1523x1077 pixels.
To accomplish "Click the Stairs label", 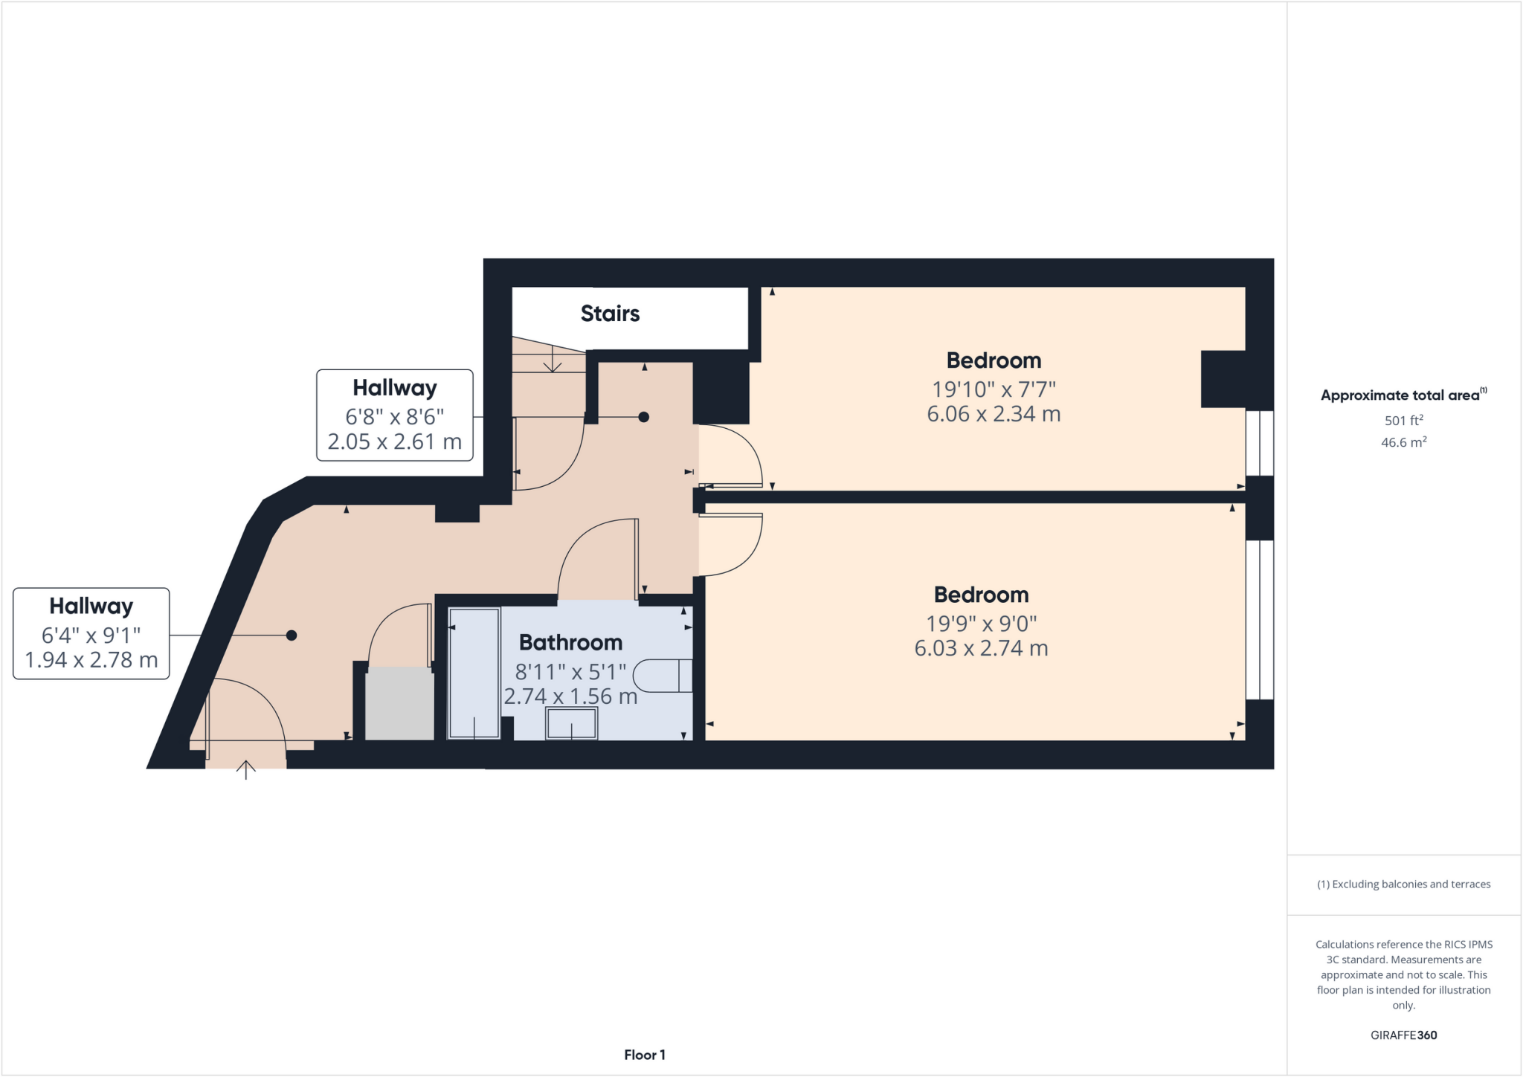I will click(x=610, y=314).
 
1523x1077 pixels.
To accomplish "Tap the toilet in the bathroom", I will click(x=661, y=676).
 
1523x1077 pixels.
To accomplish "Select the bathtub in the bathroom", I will click(x=474, y=673).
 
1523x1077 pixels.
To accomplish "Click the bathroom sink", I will click(x=571, y=723).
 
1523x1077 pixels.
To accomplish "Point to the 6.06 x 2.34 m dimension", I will click(x=994, y=414).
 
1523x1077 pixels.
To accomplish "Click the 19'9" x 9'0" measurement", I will click(x=981, y=623).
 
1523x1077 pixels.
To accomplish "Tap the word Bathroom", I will click(x=570, y=642).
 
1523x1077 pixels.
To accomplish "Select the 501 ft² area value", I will click(x=1403, y=421).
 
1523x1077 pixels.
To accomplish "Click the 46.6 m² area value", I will click(x=1403, y=442).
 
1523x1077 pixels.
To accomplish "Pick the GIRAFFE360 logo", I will click(x=1403, y=1035).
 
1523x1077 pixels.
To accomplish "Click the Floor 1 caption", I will click(x=644, y=1055).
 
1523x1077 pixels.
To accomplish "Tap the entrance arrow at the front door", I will click(x=246, y=769).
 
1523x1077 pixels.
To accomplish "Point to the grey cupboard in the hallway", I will click(x=399, y=703).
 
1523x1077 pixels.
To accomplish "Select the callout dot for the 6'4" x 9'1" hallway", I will click(x=292, y=635).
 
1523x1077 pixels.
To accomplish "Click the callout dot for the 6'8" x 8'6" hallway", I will click(x=644, y=417).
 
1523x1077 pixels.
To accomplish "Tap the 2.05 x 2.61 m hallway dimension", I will click(x=394, y=442).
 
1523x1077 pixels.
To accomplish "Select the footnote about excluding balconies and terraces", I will click(x=1403, y=884).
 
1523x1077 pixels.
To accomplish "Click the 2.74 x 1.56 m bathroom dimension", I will click(x=570, y=696).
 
